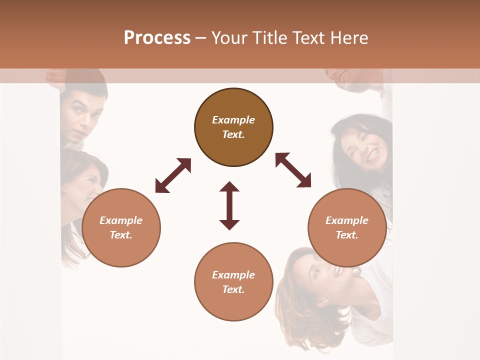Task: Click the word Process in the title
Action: pos(157,38)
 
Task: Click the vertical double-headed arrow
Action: pos(229,205)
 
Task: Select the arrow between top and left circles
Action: pos(173,175)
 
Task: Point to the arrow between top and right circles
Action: pos(293,170)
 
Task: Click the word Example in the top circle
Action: pos(233,120)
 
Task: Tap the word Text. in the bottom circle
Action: pos(233,289)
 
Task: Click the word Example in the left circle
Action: pos(121,220)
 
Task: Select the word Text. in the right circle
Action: pos(347,235)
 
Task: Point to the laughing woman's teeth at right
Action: pos(372,156)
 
